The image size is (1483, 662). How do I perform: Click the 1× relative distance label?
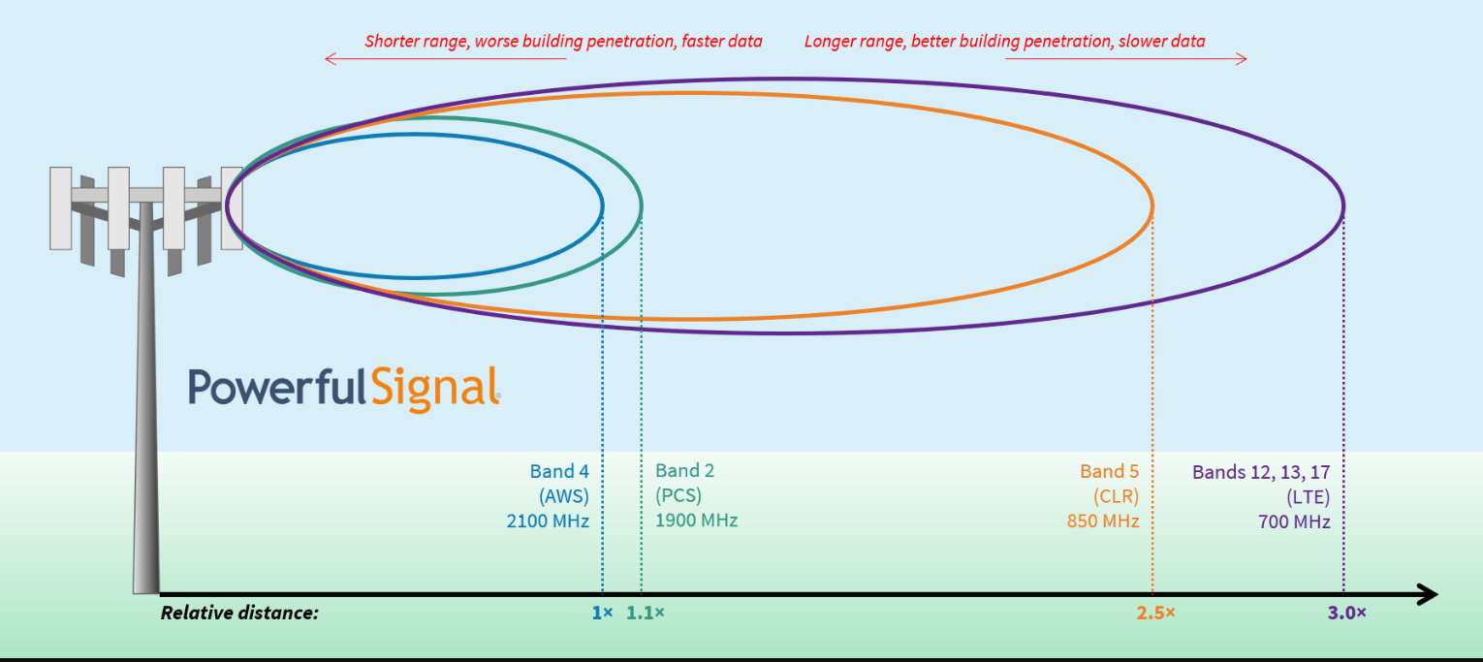[x=603, y=613]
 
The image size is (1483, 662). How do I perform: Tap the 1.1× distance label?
[x=646, y=613]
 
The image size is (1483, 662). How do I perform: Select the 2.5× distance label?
[x=1156, y=613]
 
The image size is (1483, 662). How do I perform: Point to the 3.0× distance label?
[x=1346, y=613]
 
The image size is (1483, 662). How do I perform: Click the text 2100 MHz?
[x=549, y=521]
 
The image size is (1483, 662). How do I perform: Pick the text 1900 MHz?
[x=697, y=520]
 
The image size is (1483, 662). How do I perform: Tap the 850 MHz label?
[x=1103, y=521]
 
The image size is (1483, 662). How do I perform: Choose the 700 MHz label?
[x=1294, y=522]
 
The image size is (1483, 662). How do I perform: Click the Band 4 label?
[x=559, y=471]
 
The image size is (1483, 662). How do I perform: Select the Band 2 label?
[x=685, y=471]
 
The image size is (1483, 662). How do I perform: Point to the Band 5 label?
[x=1110, y=471]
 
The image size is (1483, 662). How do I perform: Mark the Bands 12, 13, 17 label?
[x=1261, y=473]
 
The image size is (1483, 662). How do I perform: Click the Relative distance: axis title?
[x=239, y=613]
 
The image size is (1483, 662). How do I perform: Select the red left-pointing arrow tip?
[x=326, y=59]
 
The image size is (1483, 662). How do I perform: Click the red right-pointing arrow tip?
[x=1246, y=59]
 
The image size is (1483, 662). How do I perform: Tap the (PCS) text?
[x=678, y=496]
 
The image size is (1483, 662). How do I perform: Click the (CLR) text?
[x=1117, y=496]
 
